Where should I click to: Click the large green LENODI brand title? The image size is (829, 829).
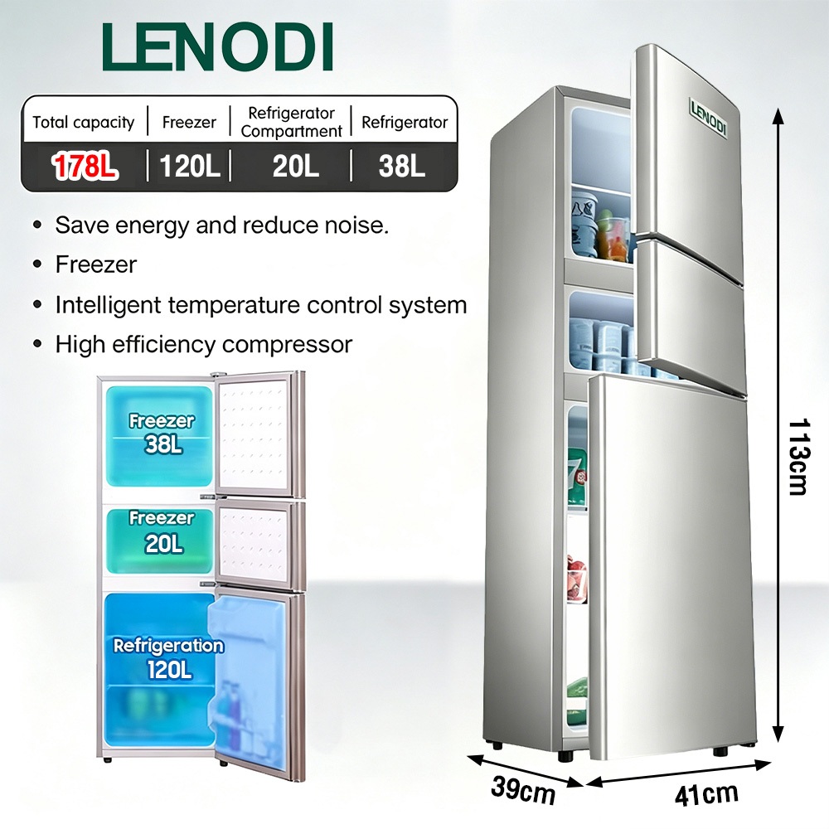click(217, 46)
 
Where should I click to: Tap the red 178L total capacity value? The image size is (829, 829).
click(84, 166)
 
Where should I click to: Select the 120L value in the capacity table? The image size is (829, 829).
click(189, 166)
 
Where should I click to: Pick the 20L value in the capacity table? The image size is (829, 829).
click(296, 166)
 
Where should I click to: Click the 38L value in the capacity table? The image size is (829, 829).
click(402, 166)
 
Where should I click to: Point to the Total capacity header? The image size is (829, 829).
click(84, 123)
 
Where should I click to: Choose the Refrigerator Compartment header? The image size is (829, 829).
click(291, 122)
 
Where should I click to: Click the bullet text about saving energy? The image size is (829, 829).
click(222, 225)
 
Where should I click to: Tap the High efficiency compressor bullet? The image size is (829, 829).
click(204, 345)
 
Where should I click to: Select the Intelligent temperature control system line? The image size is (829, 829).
click(261, 305)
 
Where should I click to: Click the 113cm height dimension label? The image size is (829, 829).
click(797, 457)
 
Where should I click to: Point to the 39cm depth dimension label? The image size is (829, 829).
click(523, 790)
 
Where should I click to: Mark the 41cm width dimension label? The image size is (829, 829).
click(706, 794)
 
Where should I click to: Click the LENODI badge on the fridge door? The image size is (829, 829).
click(708, 118)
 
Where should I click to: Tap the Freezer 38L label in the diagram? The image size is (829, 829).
click(162, 433)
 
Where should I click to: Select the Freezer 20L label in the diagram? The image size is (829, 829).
click(162, 531)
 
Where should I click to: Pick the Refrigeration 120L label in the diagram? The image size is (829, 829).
click(168, 657)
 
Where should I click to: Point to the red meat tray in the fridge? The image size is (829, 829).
click(577, 577)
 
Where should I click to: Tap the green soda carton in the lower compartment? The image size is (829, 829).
click(577, 476)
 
